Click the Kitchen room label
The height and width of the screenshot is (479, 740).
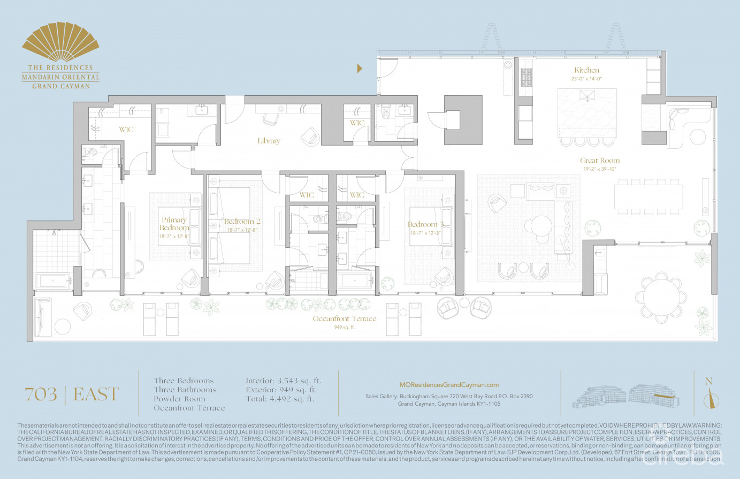[586, 70]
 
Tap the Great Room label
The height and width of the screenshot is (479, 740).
[600, 160]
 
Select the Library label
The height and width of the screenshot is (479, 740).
[269, 141]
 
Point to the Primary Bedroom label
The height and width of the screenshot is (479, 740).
[174, 224]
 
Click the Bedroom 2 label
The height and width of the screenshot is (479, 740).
[242, 222]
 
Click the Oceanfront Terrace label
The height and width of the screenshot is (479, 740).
[345, 318]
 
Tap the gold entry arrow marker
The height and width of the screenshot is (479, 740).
[360, 68]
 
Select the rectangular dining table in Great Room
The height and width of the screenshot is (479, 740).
[648, 196]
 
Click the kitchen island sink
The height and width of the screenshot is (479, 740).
[588, 97]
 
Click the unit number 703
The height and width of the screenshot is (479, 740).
[41, 394]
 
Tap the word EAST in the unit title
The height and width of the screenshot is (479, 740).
[96, 394]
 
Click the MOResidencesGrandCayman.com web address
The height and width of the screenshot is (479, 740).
[449, 384]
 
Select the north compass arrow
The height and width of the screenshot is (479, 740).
[709, 399]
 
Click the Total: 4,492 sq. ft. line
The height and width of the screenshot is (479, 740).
[280, 399]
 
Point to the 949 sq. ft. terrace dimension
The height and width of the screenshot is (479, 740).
[345, 328]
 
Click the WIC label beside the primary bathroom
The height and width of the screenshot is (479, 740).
[126, 130]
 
